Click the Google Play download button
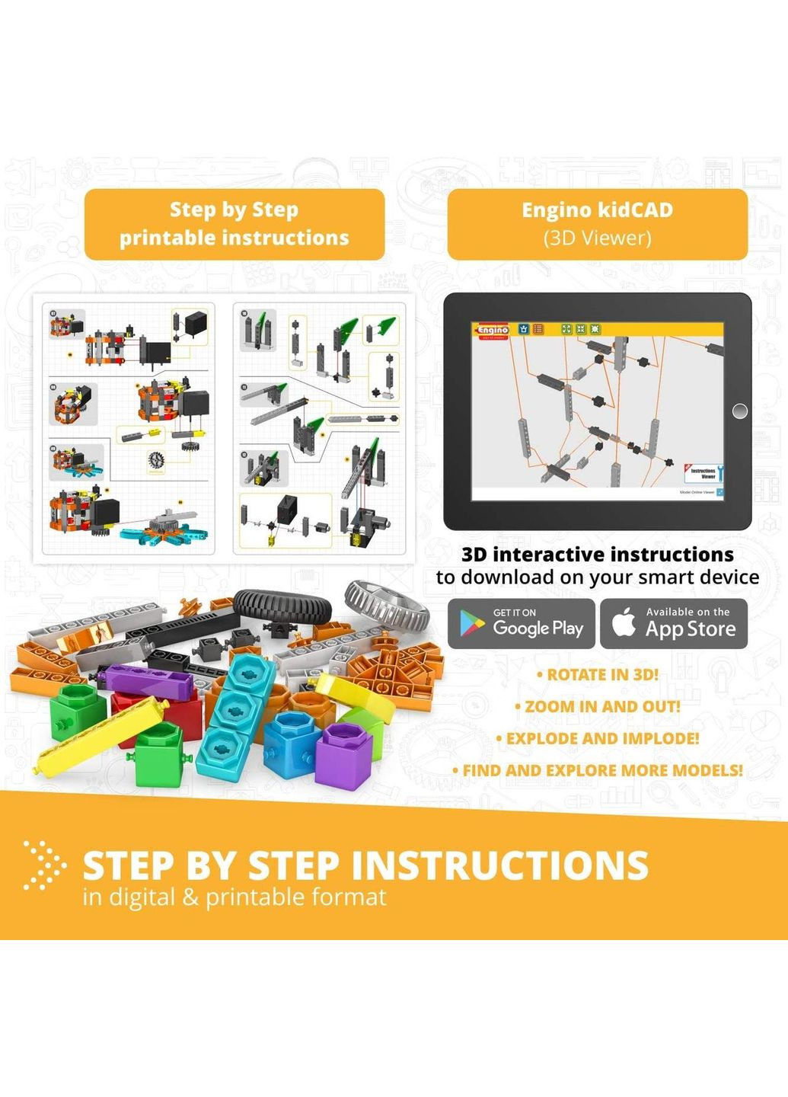(x=522, y=624)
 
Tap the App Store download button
(x=674, y=624)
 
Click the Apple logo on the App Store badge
(x=624, y=622)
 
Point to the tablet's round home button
(x=739, y=411)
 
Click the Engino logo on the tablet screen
(x=493, y=330)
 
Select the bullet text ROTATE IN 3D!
(x=598, y=675)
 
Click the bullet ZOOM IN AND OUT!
(x=598, y=707)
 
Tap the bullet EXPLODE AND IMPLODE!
(x=598, y=739)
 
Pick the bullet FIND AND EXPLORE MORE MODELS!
(x=598, y=771)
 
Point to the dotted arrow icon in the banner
(x=43, y=865)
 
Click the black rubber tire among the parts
(x=282, y=606)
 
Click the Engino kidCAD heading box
(x=598, y=224)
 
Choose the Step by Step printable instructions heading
(x=234, y=224)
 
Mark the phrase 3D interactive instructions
(x=598, y=555)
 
